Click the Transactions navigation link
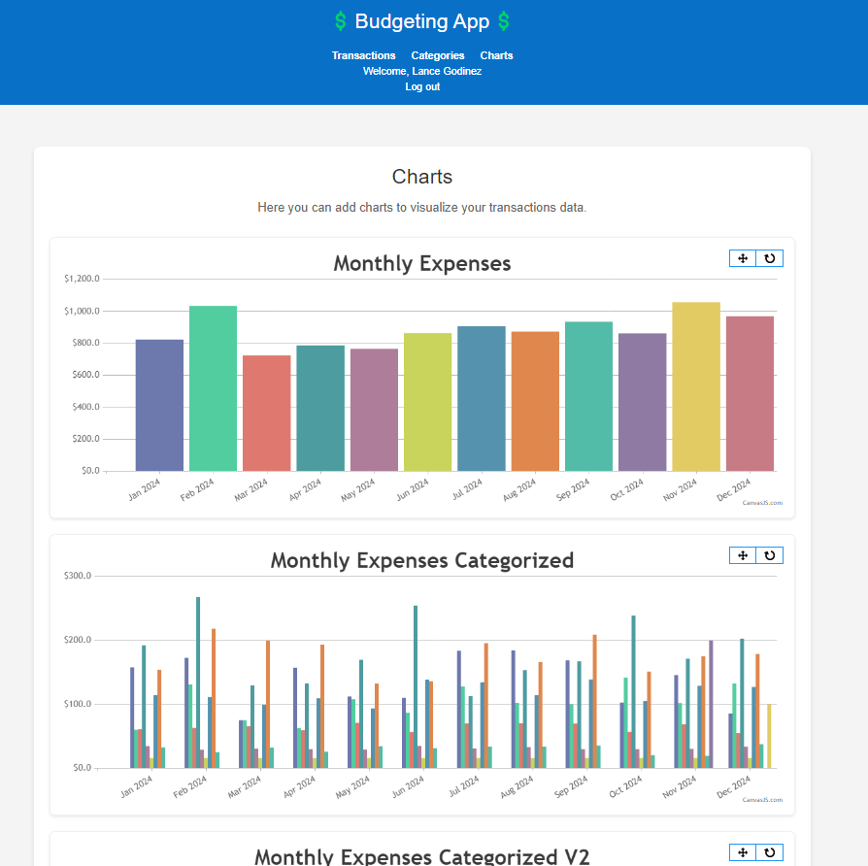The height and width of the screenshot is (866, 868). tap(364, 55)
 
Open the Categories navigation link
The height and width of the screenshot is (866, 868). tap(437, 55)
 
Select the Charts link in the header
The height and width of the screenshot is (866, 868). tap(496, 55)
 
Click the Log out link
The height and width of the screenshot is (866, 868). tap(422, 86)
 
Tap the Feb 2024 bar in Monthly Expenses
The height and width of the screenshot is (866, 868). tap(214, 388)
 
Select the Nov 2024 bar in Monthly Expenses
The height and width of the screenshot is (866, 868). tap(696, 386)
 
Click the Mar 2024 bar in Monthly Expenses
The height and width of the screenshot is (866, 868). tap(267, 413)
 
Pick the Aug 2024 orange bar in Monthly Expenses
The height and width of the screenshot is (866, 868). tap(535, 401)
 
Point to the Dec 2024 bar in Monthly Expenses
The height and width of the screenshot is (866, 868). tap(750, 394)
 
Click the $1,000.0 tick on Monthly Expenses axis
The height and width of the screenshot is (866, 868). tap(82, 312)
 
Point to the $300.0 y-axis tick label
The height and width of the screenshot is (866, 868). tap(78, 576)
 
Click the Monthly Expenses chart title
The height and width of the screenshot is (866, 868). tap(422, 263)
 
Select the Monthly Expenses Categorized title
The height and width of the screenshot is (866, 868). tap(422, 560)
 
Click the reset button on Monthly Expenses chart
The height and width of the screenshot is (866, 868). tap(770, 258)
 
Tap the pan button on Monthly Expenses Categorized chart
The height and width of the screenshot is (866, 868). tap(743, 555)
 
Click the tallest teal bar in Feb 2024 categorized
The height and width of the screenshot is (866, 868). tap(198, 683)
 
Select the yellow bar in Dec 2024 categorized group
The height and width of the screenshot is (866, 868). tap(769, 736)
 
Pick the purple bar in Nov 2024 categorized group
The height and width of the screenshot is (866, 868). tap(711, 704)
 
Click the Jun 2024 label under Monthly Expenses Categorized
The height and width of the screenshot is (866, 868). tap(408, 786)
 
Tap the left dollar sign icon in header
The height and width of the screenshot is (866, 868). tap(341, 21)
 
